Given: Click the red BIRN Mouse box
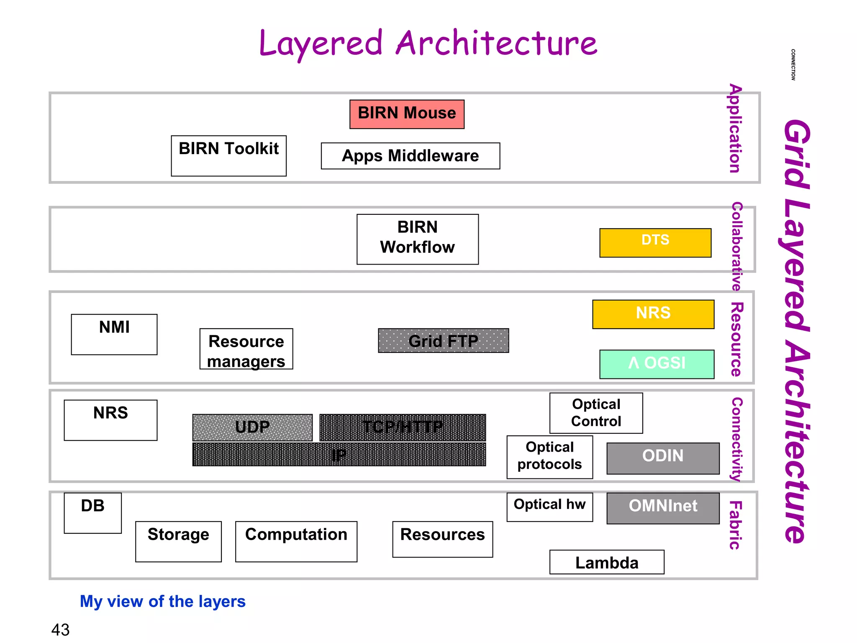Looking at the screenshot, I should tap(407, 114).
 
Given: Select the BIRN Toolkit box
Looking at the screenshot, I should tap(228, 156).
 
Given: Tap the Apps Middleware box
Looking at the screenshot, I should tap(410, 156).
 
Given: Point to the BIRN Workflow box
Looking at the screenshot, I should tap(417, 239).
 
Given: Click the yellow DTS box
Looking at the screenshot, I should tap(655, 242).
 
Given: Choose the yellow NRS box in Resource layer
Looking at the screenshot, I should tap(653, 314).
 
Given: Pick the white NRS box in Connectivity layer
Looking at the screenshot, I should tap(110, 420).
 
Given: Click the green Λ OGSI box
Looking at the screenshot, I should tap(657, 364).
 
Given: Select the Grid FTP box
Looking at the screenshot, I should tap(443, 341).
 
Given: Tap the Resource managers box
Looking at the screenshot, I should tap(246, 349).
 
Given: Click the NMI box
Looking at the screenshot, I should tap(114, 334).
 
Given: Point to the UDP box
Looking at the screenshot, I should tap(252, 427).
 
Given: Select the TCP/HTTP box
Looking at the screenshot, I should tap(402, 427).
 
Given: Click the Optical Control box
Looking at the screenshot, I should tap(596, 413).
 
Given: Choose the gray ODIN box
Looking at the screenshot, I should tap(662, 458).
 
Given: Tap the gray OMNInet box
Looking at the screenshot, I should tap(662, 508).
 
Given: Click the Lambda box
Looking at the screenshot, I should tap(606, 562).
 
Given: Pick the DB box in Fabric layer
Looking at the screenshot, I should tap(92, 513).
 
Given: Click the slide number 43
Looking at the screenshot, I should tap(60, 630).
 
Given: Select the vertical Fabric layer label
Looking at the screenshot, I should tap(735, 525).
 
